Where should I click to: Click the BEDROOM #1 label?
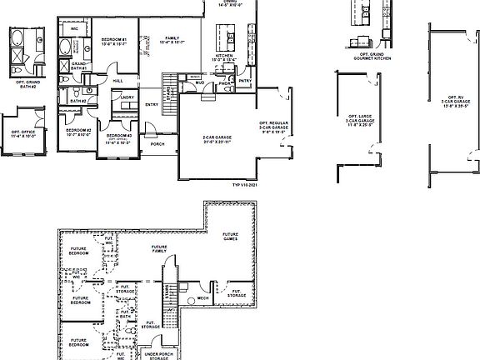pyautogui.click(x=113, y=41)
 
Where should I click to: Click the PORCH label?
pyautogui.click(x=157, y=142)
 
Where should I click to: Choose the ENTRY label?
pyautogui.click(x=152, y=104)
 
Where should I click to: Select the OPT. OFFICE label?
pyautogui.click(x=23, y=133)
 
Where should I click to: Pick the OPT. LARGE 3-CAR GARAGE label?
pyautogui.click(x=360, y=121)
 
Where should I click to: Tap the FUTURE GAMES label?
pyautogui.click(x=230, y=237)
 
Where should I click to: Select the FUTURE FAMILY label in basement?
pyautogui.click(x=158, y=250)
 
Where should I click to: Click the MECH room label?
pyautogui.click(x=202, y=297)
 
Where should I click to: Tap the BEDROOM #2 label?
pyautogui.click(x=77, y=132)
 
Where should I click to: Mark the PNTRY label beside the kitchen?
pyautogui.click(x=245, y=80)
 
